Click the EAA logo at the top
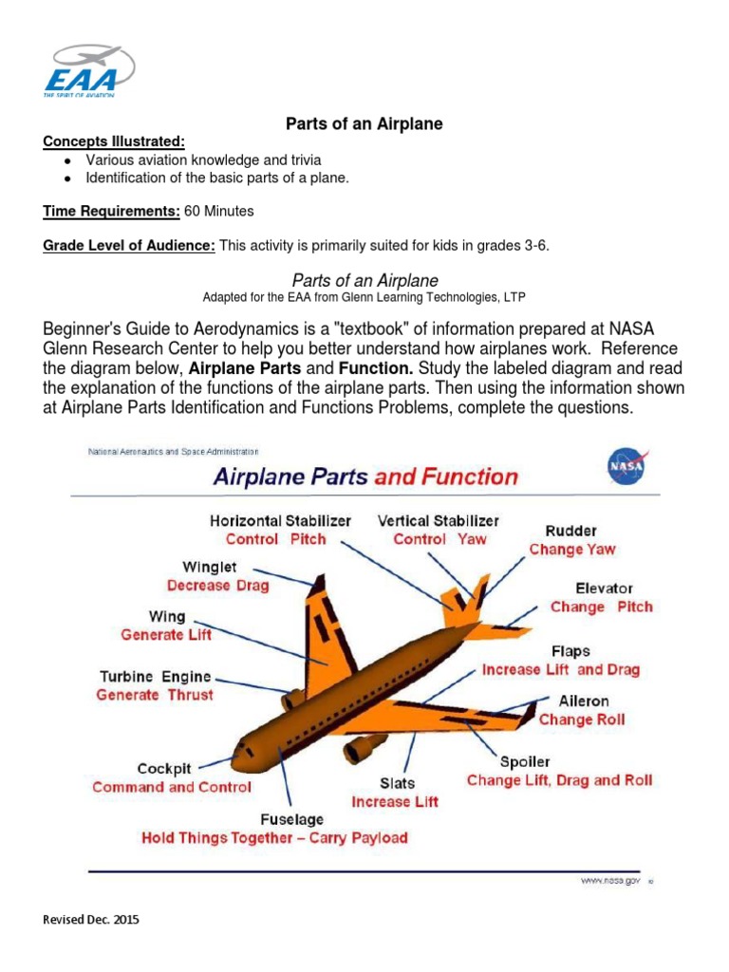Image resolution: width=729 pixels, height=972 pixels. (x=88, y=70)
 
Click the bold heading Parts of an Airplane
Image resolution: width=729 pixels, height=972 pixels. (x=364, y=124)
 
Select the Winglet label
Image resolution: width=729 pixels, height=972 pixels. (x=211, y=567)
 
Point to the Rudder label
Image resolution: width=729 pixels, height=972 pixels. (x=571, y=531)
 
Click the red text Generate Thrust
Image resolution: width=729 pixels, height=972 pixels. (x=155, y=695)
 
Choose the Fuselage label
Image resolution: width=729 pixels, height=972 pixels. (x=291, y=818)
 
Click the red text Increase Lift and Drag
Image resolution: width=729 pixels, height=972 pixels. (x=561, y=669)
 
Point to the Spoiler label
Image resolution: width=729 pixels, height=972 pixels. (x=525, y=761)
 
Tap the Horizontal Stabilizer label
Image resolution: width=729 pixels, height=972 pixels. (x=280, y=520)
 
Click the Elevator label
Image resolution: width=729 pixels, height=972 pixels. (x=604, y=589)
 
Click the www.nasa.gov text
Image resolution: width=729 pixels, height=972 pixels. (x=610, y=881)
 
